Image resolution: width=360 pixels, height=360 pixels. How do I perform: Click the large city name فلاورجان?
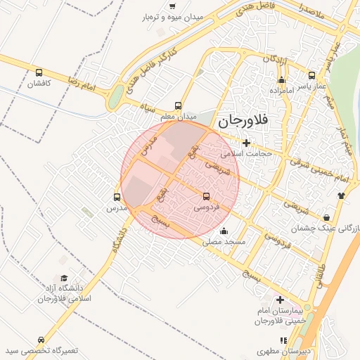coord(243,121)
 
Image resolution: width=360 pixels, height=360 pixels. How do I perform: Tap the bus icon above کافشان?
coord(39,72)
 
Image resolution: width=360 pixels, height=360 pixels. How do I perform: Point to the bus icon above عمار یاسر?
coord(311,75)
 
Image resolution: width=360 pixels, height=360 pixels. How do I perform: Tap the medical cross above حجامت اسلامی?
coord(245,143)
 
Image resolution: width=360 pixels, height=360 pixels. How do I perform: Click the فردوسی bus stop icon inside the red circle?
coord(206,197)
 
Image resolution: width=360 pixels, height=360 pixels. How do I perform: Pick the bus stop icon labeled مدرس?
coord(117,198)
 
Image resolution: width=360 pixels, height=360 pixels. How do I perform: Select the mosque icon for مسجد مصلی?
coord(224,231)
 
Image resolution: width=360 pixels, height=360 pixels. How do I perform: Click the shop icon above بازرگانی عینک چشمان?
coord(328,217)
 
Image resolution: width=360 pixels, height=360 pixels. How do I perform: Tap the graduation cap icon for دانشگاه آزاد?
coord(65,278)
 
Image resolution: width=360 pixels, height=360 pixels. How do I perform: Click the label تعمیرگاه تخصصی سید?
coord(41,350)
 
